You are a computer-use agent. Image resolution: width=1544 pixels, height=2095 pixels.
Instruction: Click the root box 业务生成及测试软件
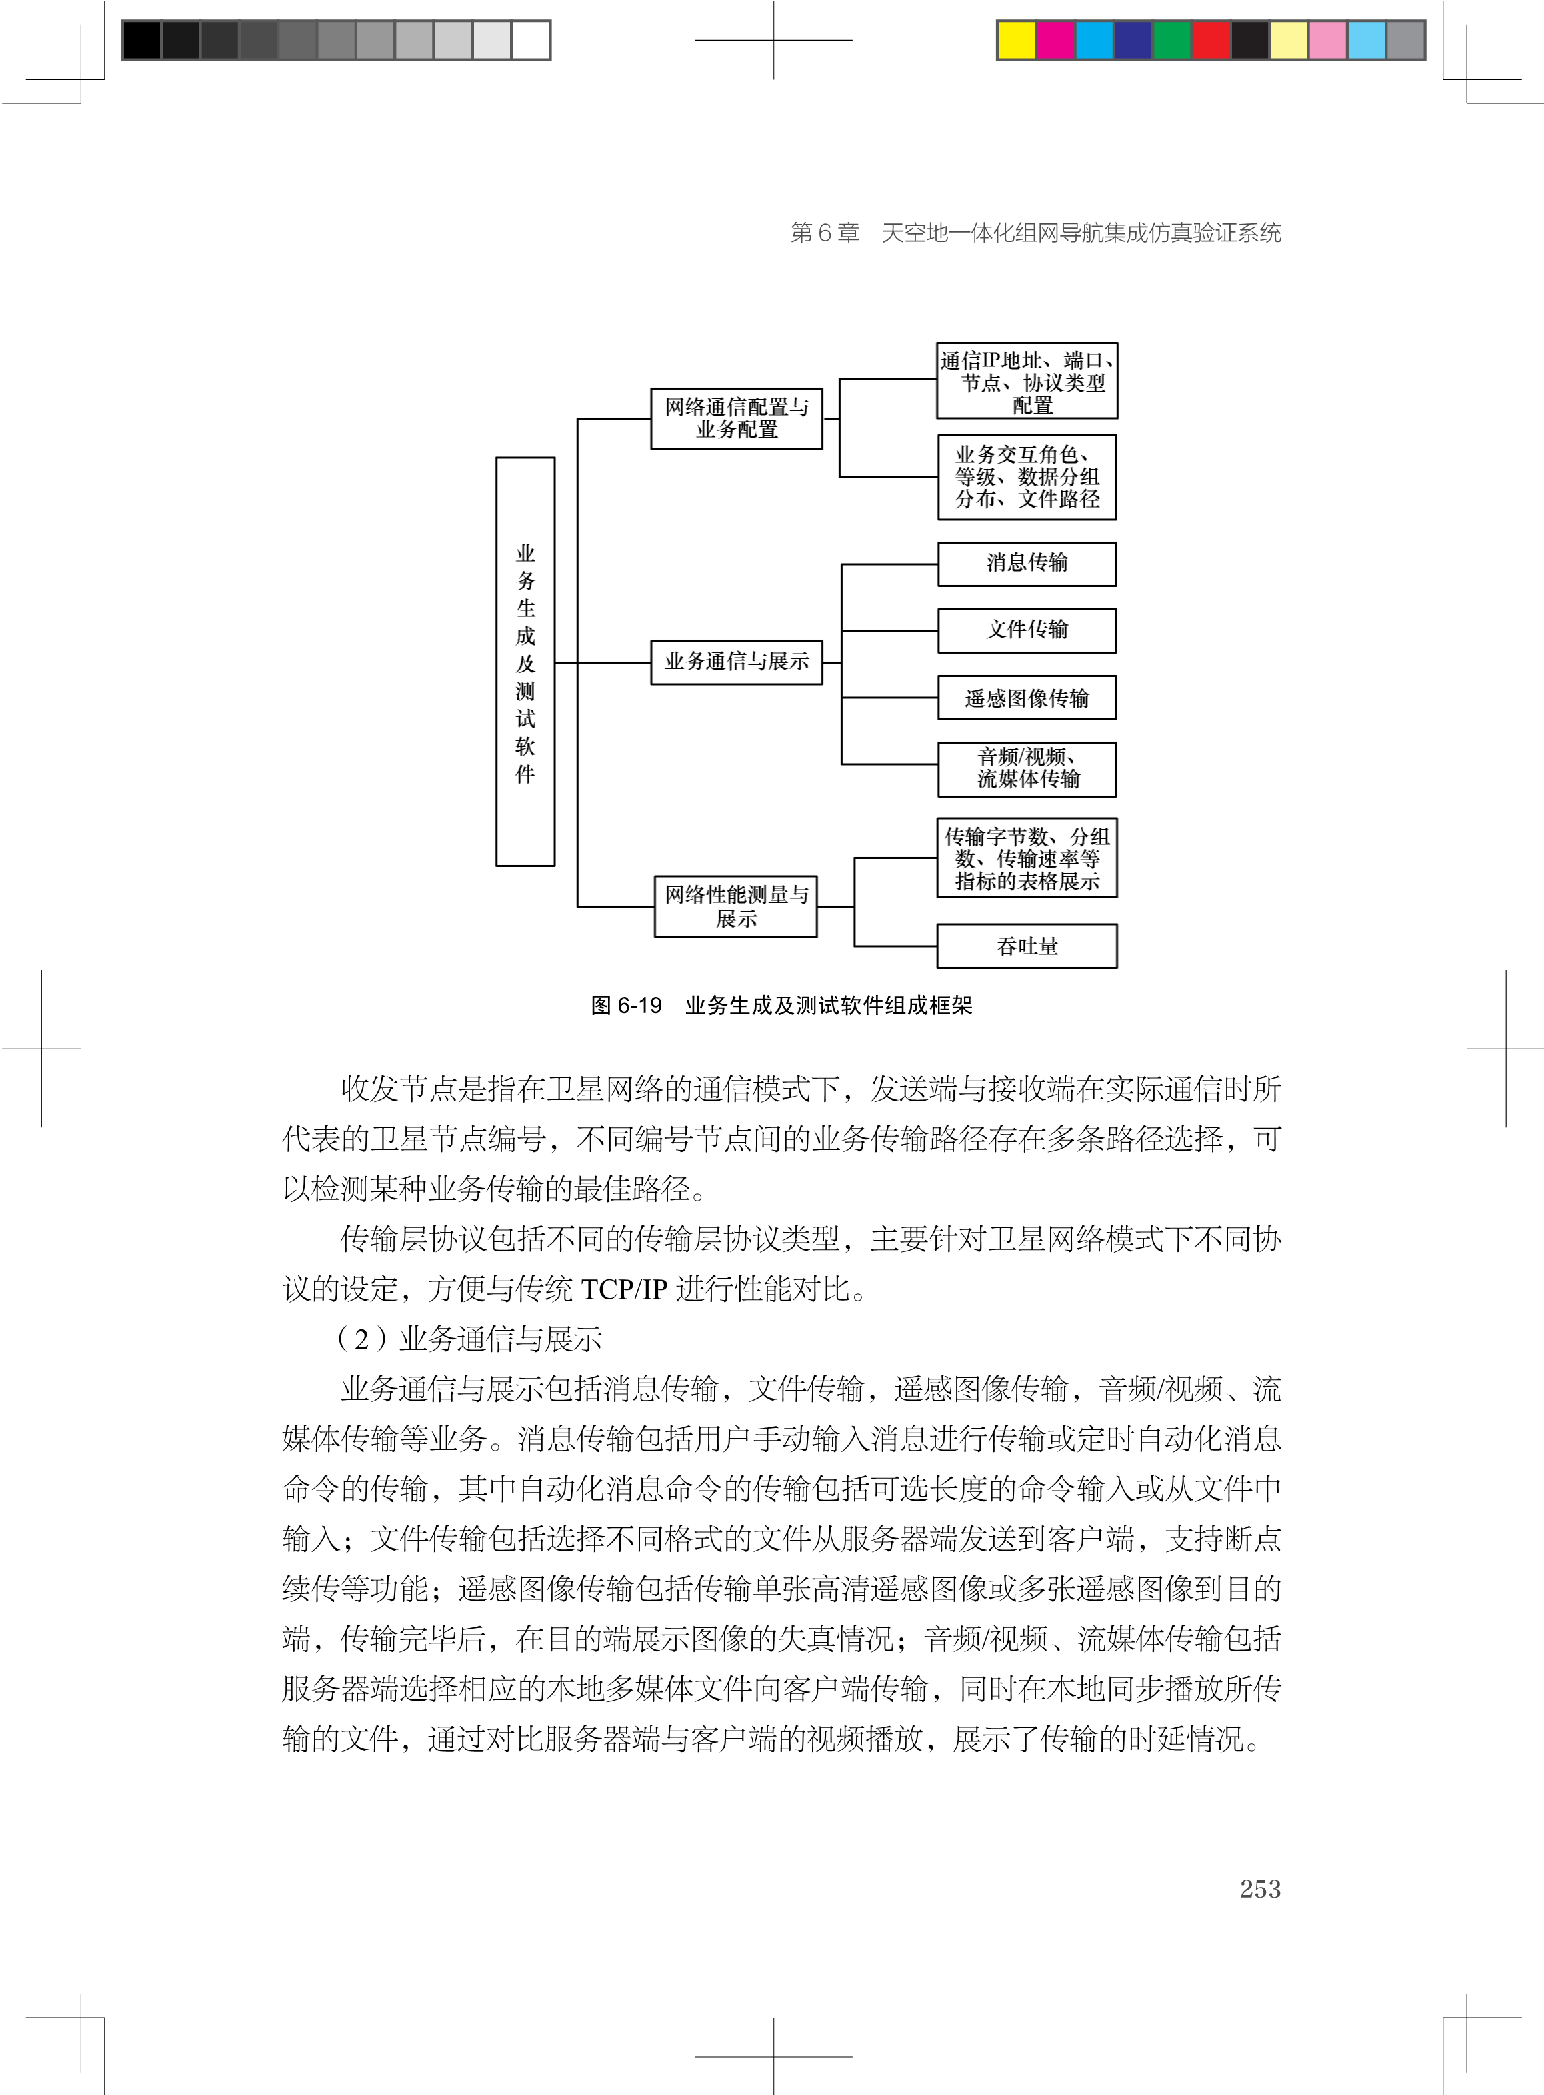[x=525, y=662]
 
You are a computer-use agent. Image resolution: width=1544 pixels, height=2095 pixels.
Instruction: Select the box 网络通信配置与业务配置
[x=737, y=419]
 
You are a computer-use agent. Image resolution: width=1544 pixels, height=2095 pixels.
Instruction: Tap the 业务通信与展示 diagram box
[x=737, y=662]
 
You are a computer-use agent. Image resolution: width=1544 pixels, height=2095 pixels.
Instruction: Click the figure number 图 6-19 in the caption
[x=626, y=1006]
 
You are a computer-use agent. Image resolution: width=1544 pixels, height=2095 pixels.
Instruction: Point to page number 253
[x=1260, y=1888]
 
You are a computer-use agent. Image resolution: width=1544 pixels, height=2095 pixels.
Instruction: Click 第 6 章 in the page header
[x=825, y=233]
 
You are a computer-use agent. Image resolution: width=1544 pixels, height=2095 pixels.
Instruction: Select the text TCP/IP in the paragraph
[x=623, y=1289]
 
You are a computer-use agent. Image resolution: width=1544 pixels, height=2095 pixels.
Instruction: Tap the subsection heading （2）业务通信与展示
[x=469, y=1339]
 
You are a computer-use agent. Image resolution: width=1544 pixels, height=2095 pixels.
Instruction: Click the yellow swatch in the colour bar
[x=1017, y=40]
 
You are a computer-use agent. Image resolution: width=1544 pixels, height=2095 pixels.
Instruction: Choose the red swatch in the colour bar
[x=1211, y=40]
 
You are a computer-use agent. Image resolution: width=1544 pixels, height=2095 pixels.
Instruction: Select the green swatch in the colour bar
[x=1172, y=40]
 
